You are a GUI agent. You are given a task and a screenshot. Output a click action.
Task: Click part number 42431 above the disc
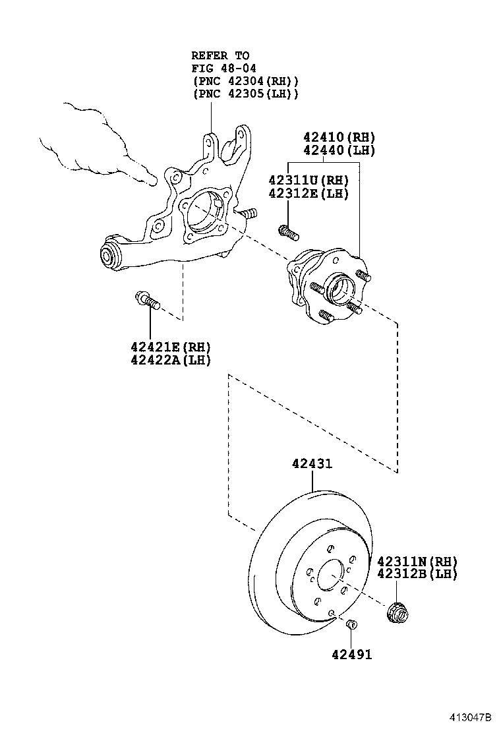(312, 464)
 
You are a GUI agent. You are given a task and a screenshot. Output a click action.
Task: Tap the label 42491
(351, 655)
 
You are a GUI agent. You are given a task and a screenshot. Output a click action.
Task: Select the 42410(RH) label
(339, 138)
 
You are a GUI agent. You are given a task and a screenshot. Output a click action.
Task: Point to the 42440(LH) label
(339, 150)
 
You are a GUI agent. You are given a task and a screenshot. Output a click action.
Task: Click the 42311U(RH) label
(309, 180)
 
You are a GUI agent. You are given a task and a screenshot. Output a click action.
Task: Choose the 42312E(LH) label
(309, 192)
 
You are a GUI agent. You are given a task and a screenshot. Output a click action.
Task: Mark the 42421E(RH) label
(170, 347)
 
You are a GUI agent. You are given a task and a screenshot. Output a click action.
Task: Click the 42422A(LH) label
(170, 360)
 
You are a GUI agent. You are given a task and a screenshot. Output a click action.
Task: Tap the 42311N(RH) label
(417, 562)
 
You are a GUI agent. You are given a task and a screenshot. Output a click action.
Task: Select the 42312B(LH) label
(417, 574)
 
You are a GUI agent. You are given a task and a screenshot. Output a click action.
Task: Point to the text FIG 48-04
(224, 68)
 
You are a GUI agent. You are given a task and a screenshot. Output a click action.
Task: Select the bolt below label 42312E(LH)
(288, 232)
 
